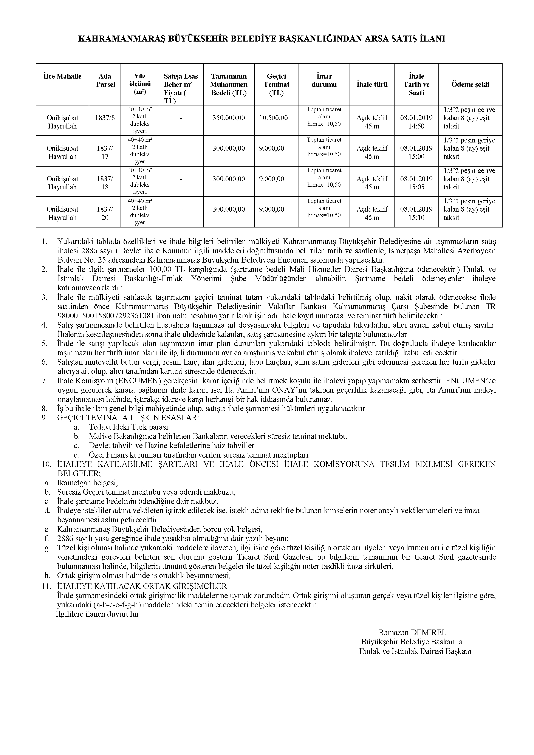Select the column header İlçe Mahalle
coord(62,76)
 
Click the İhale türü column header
coord(372,85)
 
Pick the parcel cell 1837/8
coord(105,118)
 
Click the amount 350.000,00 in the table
coord(229,118)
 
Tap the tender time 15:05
coord(416,187)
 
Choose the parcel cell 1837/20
coord(105,214)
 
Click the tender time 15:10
coord(416,218)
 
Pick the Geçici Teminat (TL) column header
coord(276,85)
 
